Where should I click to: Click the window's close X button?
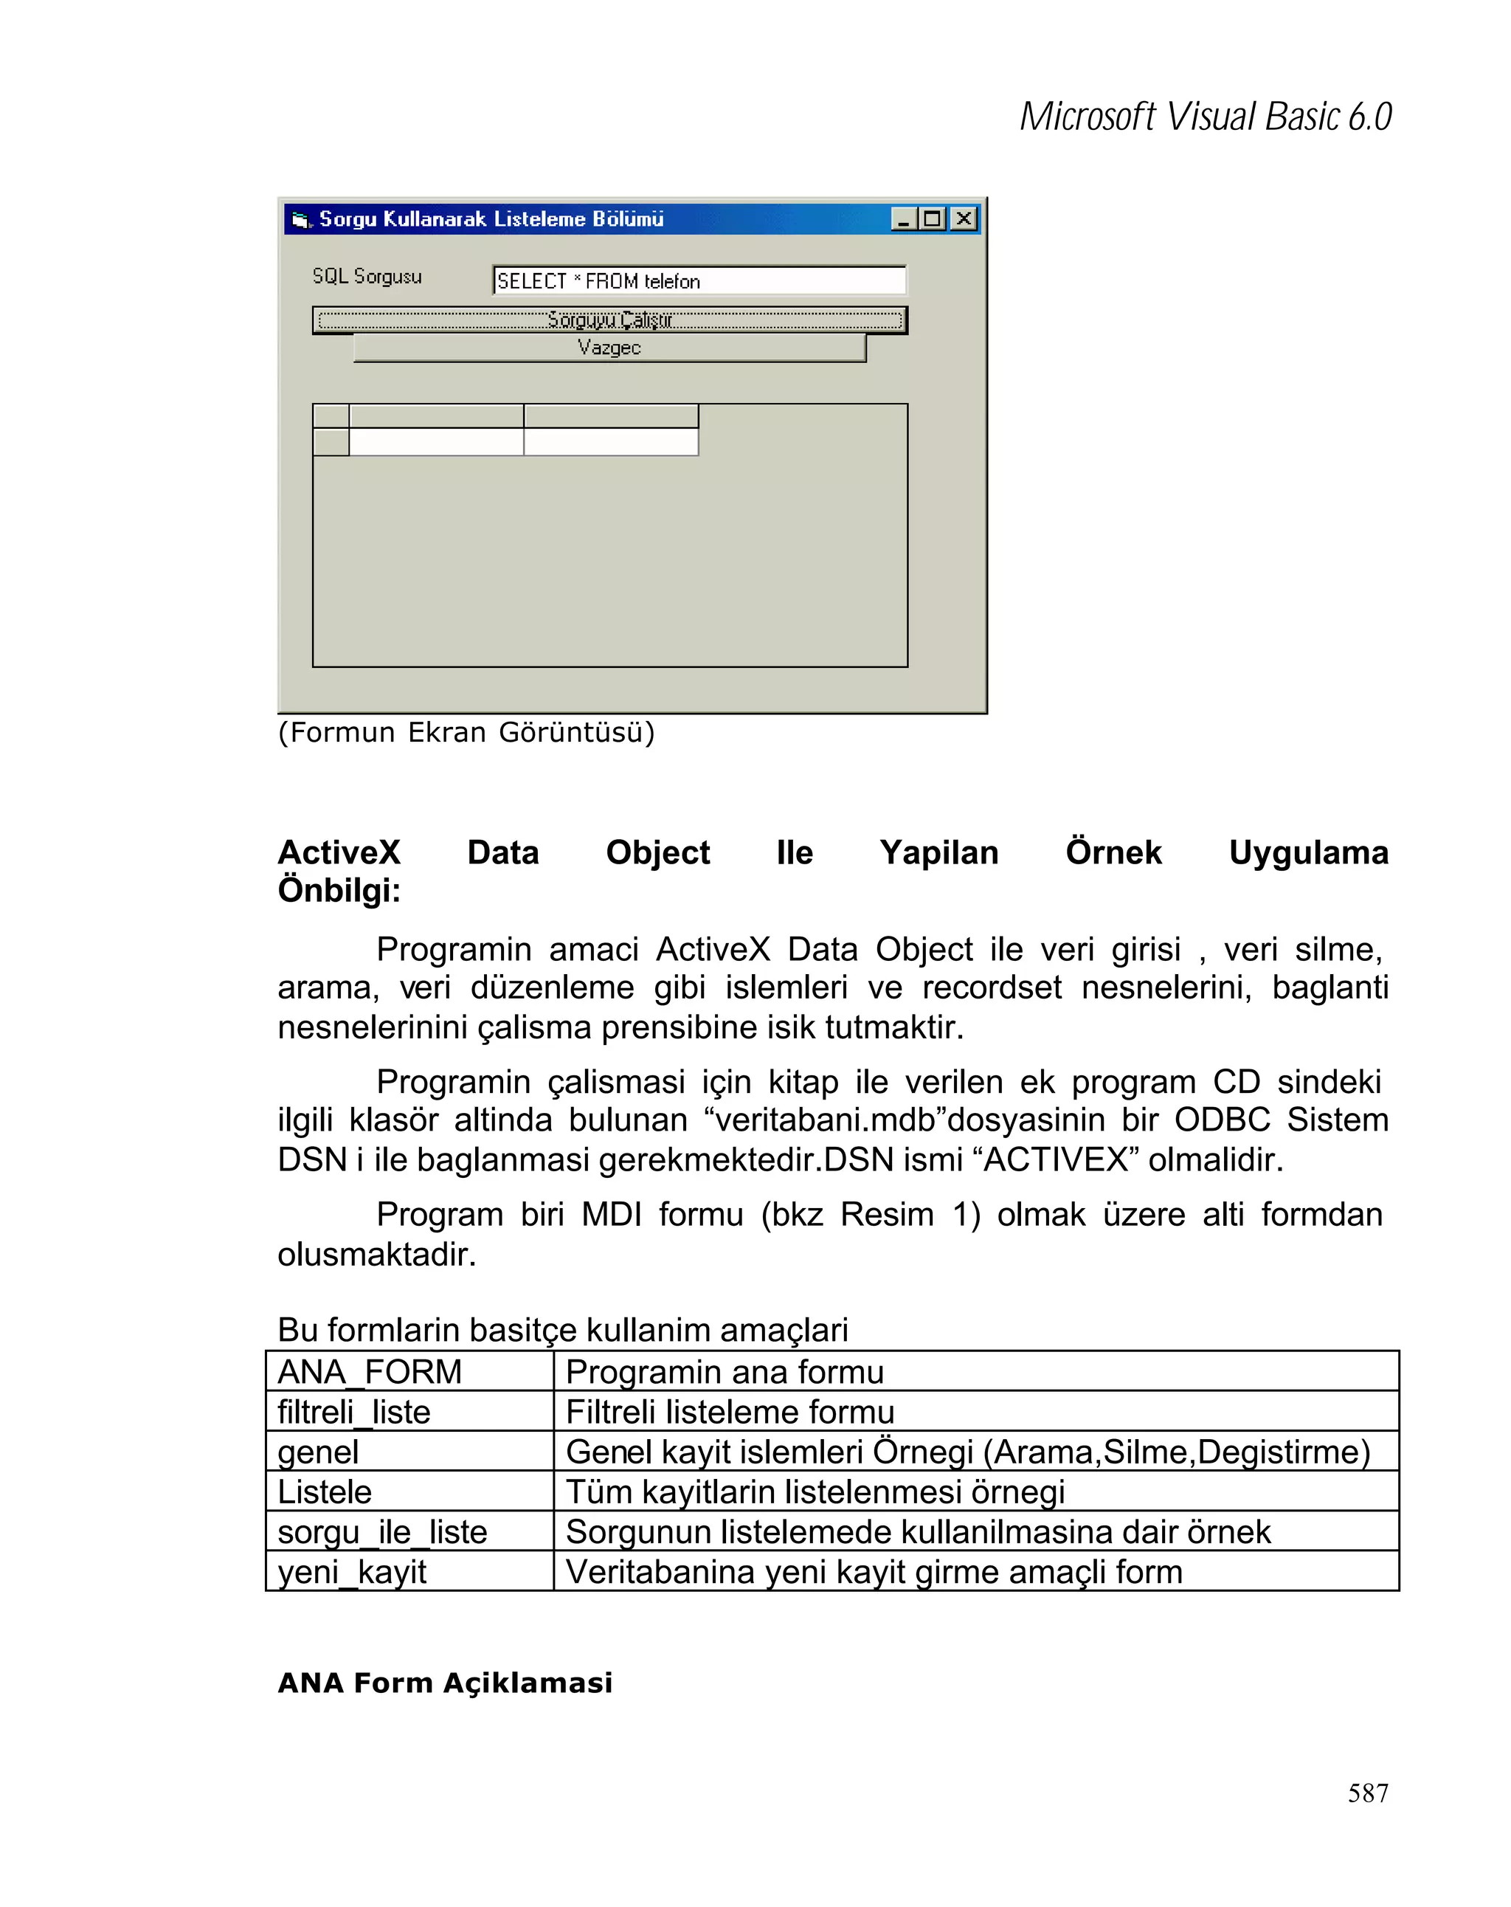click(963, 218)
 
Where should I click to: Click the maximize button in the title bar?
click(932, 218)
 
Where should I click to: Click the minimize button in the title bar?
click(903, 218)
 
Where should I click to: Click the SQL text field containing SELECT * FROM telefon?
click(699, 280)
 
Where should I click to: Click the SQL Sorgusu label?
click(366, 276)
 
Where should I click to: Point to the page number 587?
click(1367, 1792)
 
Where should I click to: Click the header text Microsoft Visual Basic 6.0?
click(1205, 117)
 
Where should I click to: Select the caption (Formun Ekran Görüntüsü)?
click(466, 732)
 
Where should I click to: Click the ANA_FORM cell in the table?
click(370, 1372)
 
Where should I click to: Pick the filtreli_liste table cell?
click(353, 1412)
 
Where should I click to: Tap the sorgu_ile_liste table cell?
click(382, 1531)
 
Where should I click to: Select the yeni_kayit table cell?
click(352, 1572)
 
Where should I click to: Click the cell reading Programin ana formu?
click(724, 1372)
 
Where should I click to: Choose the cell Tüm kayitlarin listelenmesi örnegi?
click(815, 1492)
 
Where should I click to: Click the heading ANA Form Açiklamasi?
click(445, 1683)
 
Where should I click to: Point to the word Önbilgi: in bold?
click(339, 890)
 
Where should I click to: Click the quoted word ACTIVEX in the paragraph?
click(1056, 1159)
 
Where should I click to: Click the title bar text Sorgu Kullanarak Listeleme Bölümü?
click(491, 218)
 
